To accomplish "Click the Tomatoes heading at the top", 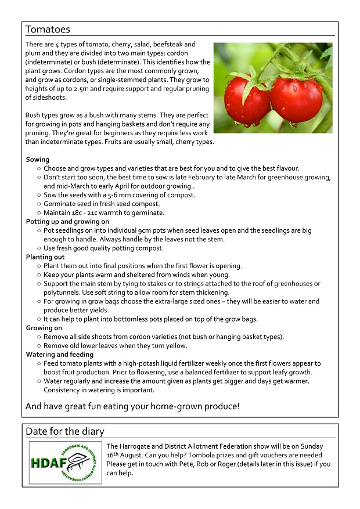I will click(x=48, y=29).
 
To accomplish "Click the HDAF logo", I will click(x=65, y=463).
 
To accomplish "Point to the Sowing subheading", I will click(x=38, y=160).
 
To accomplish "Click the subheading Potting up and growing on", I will click(x=67, y=222).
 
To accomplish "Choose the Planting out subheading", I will click(x=45, y=257).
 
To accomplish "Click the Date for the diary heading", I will click(x=65, y=431).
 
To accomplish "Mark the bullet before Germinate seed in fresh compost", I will click(x=38, y=204).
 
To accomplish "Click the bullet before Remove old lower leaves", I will click(x=38, y=346).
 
